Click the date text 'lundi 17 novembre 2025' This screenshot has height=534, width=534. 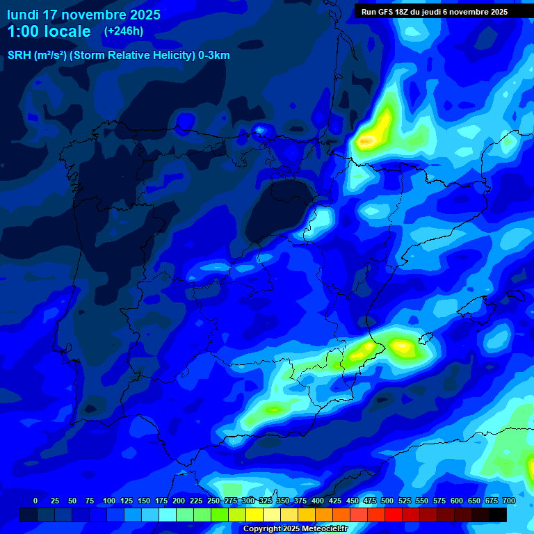click(83, 15)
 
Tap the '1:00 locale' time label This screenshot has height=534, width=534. click(49, 31)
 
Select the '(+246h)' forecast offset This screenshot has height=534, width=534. click(123, 31)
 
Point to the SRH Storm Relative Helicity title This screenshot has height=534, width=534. click(118, 56)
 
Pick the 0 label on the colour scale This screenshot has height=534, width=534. click(35, 501)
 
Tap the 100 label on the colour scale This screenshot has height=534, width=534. click(108, 501)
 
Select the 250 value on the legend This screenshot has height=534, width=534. click(213, 501)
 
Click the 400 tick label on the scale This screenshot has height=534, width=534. click(318, 501)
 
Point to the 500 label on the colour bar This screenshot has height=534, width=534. click(387, 501)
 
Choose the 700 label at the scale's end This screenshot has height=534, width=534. click(509, 501)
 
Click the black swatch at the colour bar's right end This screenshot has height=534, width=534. click(498, 515)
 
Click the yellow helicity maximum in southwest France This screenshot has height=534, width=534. click(373, 133)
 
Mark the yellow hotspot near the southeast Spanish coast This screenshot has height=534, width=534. click(401, 346)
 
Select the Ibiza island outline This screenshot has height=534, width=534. click(426, 339)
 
